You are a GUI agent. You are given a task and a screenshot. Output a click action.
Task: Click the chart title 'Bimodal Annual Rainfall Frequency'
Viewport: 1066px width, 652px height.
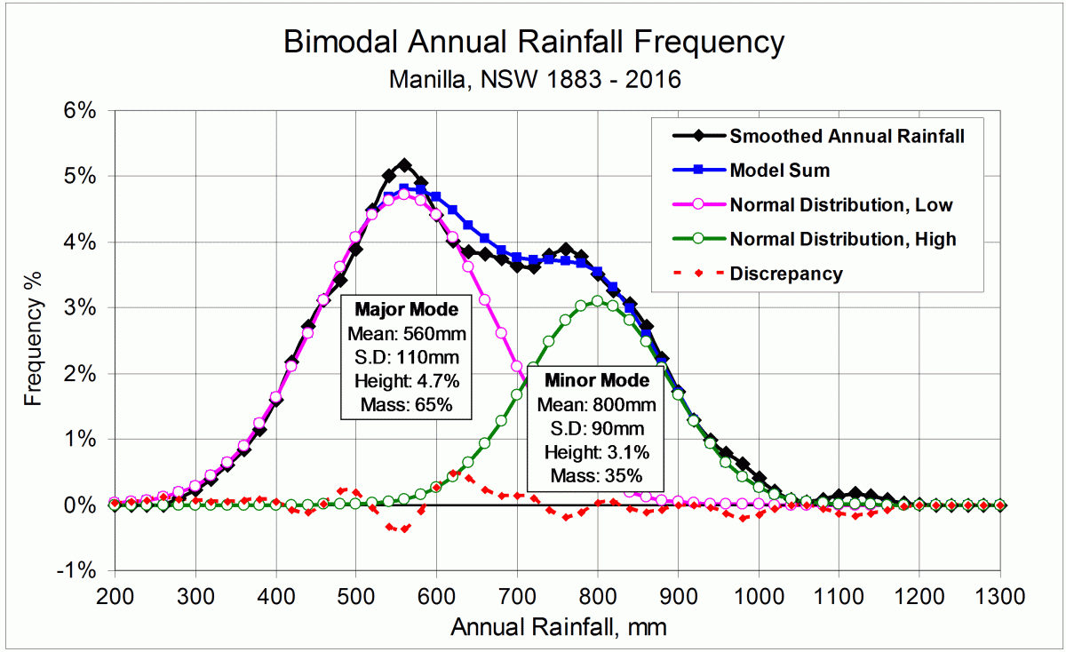(534, 42)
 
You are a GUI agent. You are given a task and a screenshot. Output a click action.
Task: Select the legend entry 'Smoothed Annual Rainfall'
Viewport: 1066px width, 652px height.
(846, 136)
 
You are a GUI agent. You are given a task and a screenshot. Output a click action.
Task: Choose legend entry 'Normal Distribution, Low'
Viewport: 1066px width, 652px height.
(840, 205)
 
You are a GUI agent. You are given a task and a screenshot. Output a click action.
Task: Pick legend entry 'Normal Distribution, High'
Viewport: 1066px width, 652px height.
(842, 239)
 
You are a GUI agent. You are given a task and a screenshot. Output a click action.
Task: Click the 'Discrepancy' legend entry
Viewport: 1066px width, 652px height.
(785, 274)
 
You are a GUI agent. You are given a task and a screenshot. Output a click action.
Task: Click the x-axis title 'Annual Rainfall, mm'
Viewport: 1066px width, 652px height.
(558, 627)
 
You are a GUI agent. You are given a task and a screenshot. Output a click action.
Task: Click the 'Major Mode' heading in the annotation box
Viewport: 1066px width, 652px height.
(407, 310)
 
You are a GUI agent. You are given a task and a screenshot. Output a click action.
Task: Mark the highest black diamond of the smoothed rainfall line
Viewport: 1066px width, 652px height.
(404, 165)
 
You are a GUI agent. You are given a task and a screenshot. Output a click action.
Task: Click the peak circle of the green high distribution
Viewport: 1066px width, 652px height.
(597, 301)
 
